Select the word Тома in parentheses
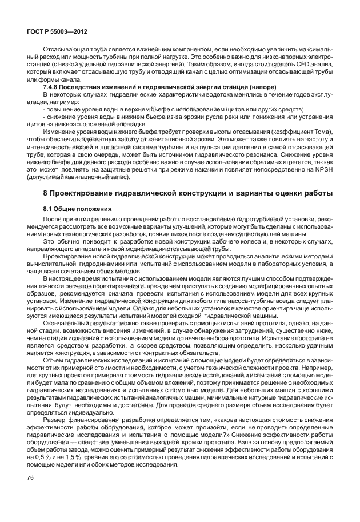tap(321, 132)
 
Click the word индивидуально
tap(88, 412)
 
